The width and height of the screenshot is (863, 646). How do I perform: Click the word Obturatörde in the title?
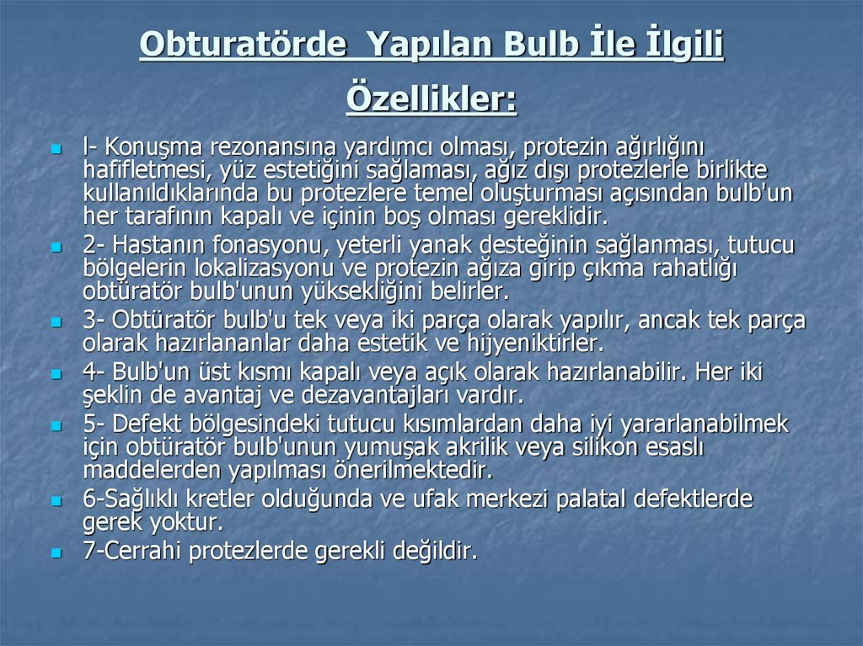[x=243, y=45]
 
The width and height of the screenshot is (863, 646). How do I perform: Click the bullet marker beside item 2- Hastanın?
[x=56, y=248]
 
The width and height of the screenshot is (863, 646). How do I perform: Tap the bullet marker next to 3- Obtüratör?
[x=56, y=323]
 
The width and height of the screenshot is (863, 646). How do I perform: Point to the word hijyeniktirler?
[x=532, y=344]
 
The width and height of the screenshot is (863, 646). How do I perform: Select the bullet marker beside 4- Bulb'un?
[x=56, y=374]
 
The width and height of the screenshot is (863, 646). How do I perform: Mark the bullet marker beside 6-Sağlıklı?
[x=56, y=500]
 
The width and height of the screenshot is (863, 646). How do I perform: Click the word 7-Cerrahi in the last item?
[x=132, y=552]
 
